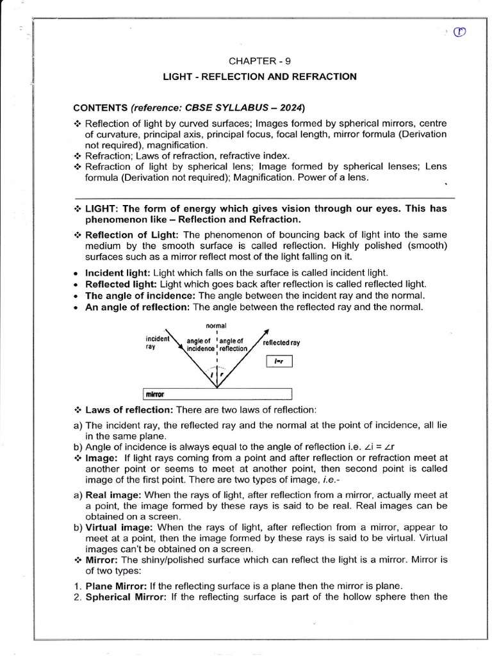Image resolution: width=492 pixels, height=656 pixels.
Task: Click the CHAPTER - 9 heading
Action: (x=254, y=61)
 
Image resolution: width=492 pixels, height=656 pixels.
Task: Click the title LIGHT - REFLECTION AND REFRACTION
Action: (x=259, y=77)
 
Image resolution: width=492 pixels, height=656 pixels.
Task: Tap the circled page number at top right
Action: (x=459, y=33)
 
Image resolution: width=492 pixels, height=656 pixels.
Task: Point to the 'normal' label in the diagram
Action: (x=217, y=325)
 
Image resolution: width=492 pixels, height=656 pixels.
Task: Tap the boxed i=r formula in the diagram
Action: (x=279, y=362)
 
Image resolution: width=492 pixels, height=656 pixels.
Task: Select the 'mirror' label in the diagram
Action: (x=156, y=394)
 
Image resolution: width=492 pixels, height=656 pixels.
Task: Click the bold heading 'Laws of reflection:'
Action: (x=129, y=409)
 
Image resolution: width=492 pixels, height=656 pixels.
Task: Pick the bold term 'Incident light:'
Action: (x=118, y=272)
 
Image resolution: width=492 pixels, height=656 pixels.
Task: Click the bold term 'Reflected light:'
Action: (x=121, y=284)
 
